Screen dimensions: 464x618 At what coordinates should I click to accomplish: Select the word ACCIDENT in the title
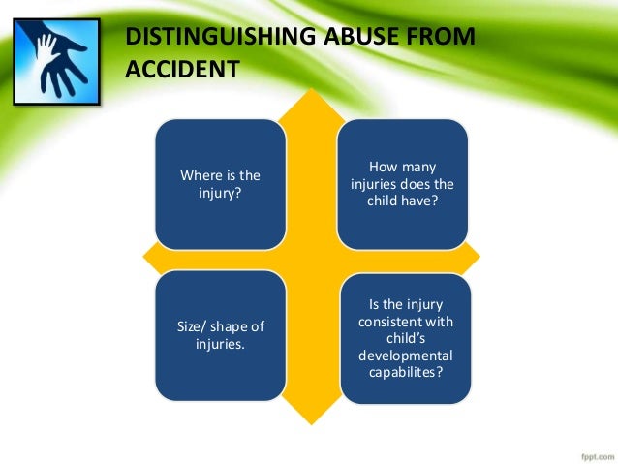(x=182, y=70)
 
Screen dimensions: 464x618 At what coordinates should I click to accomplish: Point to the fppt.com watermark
(x=589, y=451)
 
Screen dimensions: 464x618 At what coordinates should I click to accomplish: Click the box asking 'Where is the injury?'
(x=221, y=184)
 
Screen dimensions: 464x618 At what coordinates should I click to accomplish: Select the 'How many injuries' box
(x=402, y=184)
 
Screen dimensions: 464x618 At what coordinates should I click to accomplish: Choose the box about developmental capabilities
(x=406, y=338)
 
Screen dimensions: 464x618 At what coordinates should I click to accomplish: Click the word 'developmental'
(x=406, y=356)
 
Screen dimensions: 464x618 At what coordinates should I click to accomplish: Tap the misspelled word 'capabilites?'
(x=406, y=372)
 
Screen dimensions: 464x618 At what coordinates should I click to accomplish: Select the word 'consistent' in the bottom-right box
(x=406, y=323)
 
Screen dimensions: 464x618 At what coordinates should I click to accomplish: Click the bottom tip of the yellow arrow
(x=310, y=422)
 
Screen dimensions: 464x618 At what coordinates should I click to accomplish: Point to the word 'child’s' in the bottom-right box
(x=406, y=339)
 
